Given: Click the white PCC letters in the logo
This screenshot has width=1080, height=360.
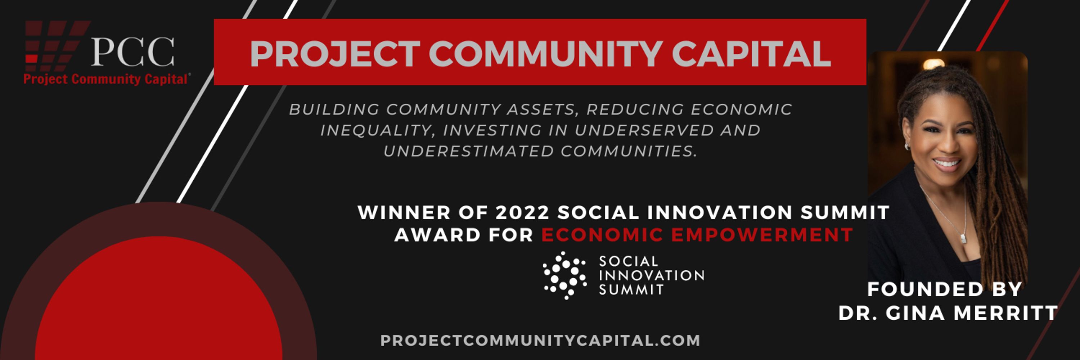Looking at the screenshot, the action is pyautogui.click(x=132, y=52).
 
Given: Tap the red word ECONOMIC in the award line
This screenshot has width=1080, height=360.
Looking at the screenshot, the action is pyautogui.click(x=602, y=235).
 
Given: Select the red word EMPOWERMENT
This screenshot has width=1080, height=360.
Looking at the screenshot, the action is pyautogui.click(x=762, y=235).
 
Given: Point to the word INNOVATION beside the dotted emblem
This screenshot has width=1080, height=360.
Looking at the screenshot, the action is pyautogui.click(x=652, y=275).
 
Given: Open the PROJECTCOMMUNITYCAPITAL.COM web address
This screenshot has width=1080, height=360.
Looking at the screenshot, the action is pyautogui.click(x=540, y=340).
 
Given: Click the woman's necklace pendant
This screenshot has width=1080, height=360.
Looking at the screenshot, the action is pyautogui.click(x=963, y=238).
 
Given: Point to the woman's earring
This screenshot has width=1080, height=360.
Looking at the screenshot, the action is pyautogui.click(x=906, y=146).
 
